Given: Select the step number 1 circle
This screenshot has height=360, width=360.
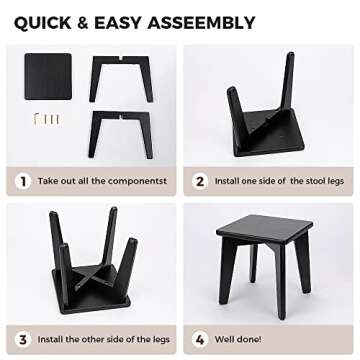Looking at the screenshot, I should tap(22, 181).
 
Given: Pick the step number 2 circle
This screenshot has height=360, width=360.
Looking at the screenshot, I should tap(200, 181).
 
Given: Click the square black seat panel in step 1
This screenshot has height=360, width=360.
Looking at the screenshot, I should tap(47, 76).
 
